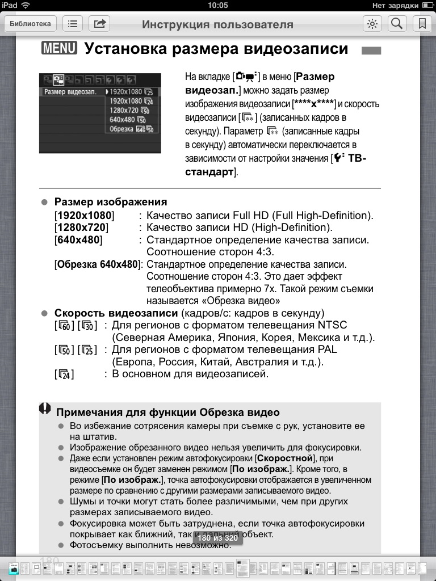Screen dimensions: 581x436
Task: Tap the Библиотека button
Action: [x=31, y=24]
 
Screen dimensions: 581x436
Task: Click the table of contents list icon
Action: [x=73, y=24]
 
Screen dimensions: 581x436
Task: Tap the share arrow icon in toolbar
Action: [x=99, y=24]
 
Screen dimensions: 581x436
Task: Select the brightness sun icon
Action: [x=372, y=24]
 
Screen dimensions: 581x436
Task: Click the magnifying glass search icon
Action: [x=397, y=24]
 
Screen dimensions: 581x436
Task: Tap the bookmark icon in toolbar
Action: [x=422, y=24]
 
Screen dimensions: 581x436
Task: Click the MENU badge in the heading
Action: [x=59, y=48]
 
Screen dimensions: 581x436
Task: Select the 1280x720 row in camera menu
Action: [x=124, y=110]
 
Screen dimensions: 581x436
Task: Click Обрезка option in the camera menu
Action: [x=121, y=129]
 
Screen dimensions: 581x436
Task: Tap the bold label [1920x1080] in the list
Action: [x=84, y=216]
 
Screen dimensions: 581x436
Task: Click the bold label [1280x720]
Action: [x=81, y=228]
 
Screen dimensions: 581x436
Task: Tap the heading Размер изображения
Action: [x=111, y=202]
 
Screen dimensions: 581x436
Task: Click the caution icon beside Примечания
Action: [x=45, y=409]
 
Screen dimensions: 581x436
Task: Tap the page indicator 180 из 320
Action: [x=217, y=538]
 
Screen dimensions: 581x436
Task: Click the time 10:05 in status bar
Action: [x=218, y=5]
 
